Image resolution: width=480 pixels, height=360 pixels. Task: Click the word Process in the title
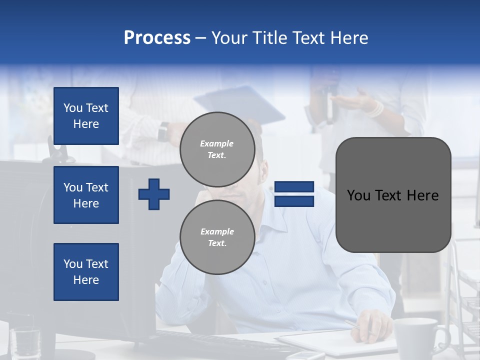(x=157, y=38)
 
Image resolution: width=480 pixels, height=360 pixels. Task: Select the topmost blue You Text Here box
(x=86, y=116)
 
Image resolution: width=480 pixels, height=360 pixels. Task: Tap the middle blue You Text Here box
(x=86, y=195)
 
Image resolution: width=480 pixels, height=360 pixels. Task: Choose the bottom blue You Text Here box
(x=86, y=272)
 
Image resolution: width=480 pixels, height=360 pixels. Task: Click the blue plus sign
(x=154, y=194)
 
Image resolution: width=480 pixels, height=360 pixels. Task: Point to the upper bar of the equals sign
(x=294, y=187)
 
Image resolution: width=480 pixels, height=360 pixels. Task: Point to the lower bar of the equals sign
(x=294, y=201)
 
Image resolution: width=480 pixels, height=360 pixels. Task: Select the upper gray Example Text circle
(x=217, y=149)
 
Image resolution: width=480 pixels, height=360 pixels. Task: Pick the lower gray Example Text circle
(x=217, y=237)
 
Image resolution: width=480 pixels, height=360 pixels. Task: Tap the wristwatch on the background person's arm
(x=163, y=132)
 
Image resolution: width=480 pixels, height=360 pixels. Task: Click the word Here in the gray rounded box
(x=423, y=195)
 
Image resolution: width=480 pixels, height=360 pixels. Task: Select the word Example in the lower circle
(x=217, y=231)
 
